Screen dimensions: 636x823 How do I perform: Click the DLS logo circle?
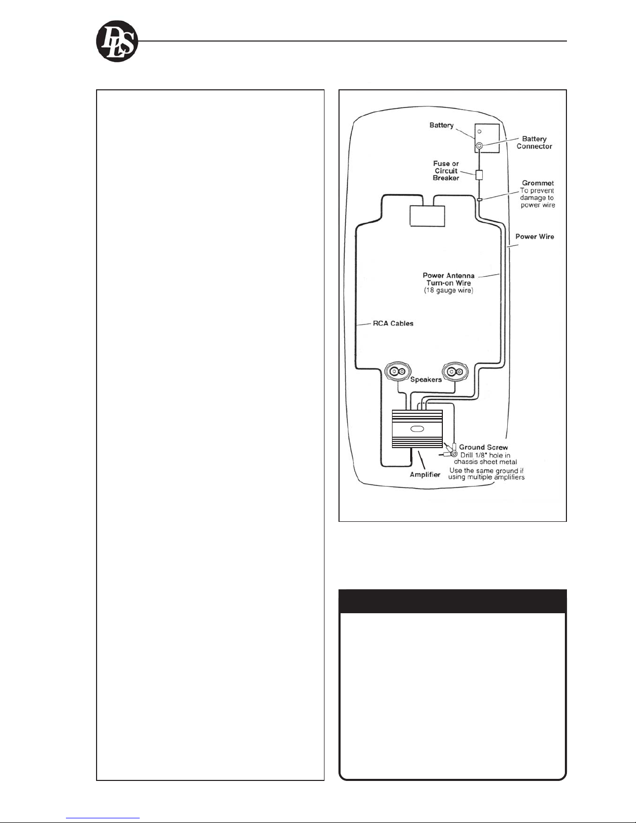coord(117,42)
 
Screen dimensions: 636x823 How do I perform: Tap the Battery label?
coord(441,125)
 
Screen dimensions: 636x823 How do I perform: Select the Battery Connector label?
coord(534,142)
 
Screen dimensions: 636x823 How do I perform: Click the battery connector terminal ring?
coord(479,145)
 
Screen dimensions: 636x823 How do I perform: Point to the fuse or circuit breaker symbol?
coord(479,174)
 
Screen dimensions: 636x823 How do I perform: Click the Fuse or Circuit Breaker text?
coord(446,170)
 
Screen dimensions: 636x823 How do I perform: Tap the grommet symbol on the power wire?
coord(479,199)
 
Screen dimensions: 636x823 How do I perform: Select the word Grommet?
coord(537,183)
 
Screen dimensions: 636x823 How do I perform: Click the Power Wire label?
coord(535,236)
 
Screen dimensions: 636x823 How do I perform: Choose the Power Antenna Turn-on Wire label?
coord(449,279)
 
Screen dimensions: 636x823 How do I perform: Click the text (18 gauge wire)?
coord(449,290)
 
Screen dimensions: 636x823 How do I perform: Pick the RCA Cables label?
coord(393,323)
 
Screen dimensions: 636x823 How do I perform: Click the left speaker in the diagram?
coord(398,372)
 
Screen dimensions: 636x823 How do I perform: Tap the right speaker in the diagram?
coord(455,372)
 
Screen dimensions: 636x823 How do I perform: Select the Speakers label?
coord(426,380)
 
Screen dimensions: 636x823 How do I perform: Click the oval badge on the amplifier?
coord(417,430)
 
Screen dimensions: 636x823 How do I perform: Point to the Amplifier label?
coord(425,475)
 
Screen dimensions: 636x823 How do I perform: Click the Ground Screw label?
coord(483,447)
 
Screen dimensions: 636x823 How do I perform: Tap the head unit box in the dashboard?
coord(427,216)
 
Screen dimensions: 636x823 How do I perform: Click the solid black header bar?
coord(452,601)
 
